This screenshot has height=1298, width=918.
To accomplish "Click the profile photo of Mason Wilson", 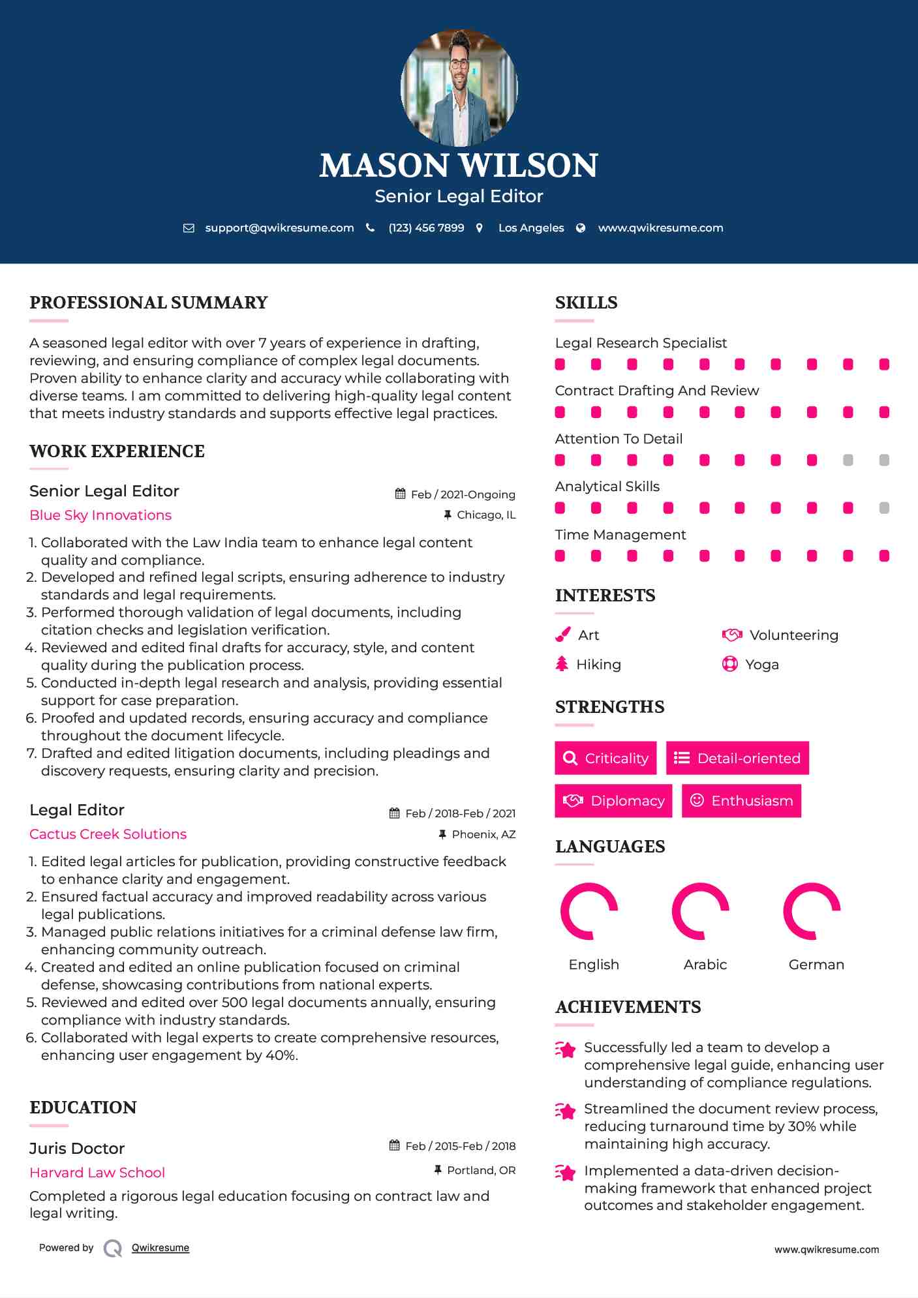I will pyautogui.click(x=459, y=87).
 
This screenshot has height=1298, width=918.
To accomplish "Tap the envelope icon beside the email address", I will pyautogui.click(x=189, y=228).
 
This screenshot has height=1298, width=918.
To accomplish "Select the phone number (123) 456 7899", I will pyautogui.click(x=426, y=228).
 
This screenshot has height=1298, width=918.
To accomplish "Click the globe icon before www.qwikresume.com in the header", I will pyautogui.click(x=581, y=228).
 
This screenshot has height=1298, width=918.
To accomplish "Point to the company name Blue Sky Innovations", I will pyautogui.click(x=100, y=515).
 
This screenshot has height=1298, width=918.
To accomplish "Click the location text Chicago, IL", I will pyautogui.click(x=486, y=515).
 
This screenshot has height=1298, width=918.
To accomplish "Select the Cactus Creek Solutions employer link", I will pyautogui.click(x=108, y=834).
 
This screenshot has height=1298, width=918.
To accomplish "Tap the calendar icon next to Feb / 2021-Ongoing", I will pyautogui.click(x=400, y=494).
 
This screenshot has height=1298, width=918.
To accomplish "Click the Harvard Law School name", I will pyautogui.click(x=97, y=1173).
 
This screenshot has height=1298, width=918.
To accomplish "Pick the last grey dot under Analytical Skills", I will pyautogui.click(x=884, y=508).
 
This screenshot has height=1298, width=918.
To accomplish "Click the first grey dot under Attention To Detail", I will pyautogui.click(x=848, y=460).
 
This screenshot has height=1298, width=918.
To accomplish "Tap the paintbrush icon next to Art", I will pyautogui.click(x=562, y=635).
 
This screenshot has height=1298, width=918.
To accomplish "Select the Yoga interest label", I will pyautogui.click(x=762, y=665).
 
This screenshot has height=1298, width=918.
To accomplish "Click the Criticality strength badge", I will pyautogui.click(x=605, y=758).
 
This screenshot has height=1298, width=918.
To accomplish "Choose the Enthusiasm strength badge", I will pyautogui.click(x=741, y=801).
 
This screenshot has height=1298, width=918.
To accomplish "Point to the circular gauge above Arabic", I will pyautogui.click(x=700, y=911).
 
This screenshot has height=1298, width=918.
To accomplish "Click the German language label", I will pyautogui.click(x=816, y=965).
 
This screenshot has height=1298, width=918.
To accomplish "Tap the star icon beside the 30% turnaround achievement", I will pyautogui.click(x=565, y=1111).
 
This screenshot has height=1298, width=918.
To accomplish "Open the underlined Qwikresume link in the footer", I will pyautogui.click(x=161, y=1248).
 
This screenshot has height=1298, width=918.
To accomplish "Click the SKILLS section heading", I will pyautogui.click(x=586, y=303).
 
